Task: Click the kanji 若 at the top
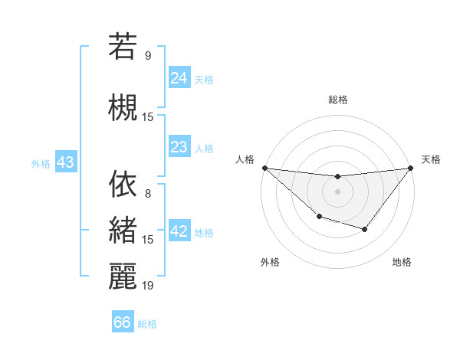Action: click(123, 46)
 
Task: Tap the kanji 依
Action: click(123, 185)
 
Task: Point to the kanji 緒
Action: click(123, 231)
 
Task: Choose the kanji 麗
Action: click(123, 276)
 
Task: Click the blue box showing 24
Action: click(179, 78)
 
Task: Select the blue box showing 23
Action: click(179, 148)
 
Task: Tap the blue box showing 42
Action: click(179, 232)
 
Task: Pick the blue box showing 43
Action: click(65, 162)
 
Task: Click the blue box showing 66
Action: click(123, 322)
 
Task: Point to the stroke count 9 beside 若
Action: click(148, 55)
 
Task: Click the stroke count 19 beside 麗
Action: click(148, 285)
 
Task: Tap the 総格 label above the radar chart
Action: click(337, 100)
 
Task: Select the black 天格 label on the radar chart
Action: click(431, 159)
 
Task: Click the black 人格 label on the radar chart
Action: click(245, 159)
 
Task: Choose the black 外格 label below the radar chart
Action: click(269, 262)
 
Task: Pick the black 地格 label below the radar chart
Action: click(402, 262)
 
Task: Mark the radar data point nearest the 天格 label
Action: click(411, 168)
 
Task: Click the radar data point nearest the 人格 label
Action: click(264, 168)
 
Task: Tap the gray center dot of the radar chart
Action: click(337, 191)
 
